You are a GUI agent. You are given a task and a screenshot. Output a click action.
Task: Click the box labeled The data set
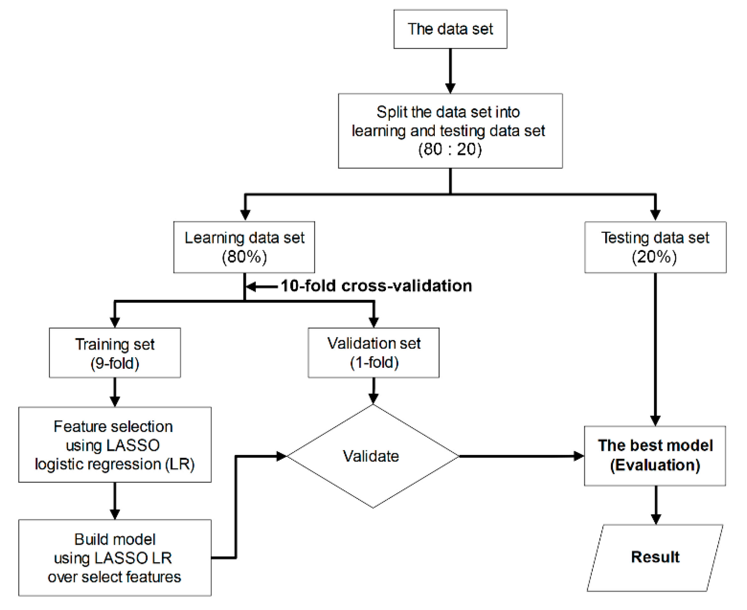click(x=450, y=29)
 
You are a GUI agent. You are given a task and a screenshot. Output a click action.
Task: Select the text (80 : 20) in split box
click(x=450, y=150)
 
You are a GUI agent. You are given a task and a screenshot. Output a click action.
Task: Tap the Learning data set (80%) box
click(x=244, y=247)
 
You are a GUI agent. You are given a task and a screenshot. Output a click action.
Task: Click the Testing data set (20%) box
click(x=655, y=247)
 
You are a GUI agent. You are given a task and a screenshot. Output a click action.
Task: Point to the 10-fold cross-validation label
click(x=376, y=286)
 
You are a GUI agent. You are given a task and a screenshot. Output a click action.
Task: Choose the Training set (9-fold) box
click(x=115, y=353)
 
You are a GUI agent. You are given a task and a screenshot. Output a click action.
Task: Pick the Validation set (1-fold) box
click(x=373, y=353)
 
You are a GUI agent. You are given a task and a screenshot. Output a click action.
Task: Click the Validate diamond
click(x=373, y=456)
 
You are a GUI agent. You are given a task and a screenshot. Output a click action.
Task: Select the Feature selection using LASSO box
click(x=115, y=444)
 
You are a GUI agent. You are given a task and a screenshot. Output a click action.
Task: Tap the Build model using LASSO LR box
click(x=115, y=558)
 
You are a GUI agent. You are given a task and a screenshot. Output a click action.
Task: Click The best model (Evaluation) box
click(x=655, y=456)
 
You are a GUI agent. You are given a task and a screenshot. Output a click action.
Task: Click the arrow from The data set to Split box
click(x=450, y=70)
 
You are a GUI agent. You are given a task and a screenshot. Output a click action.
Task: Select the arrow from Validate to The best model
click(x=520, y=456)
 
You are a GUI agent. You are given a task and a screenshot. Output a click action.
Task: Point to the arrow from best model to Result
click(x=656, y=504)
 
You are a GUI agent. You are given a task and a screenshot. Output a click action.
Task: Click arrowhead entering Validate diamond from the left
click(x=282, y=456)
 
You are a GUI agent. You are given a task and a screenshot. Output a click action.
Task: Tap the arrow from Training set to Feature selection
click(x=115, y=392)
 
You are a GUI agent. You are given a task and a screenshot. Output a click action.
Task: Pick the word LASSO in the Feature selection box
click(x=133, y=445)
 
